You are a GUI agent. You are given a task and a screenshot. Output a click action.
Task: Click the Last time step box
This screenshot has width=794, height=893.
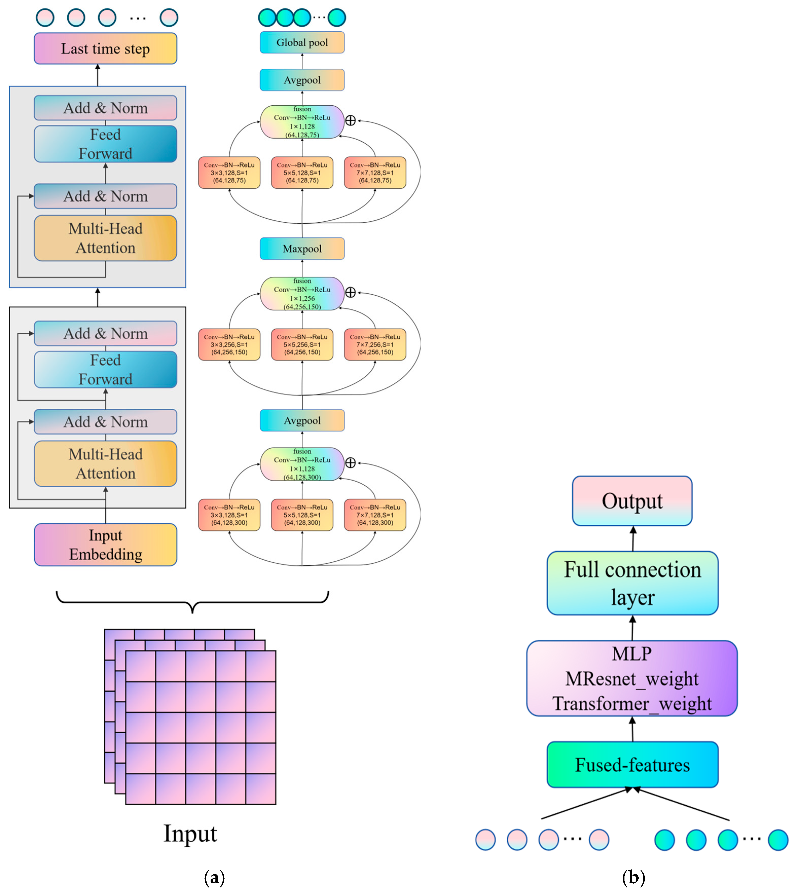[105, 48]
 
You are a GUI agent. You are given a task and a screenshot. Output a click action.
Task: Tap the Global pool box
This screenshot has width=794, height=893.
[302, 42]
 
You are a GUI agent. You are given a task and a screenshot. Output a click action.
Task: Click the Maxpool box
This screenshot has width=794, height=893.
[302, 249]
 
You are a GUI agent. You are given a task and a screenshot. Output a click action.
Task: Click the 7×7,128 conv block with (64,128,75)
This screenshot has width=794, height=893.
[375, 173]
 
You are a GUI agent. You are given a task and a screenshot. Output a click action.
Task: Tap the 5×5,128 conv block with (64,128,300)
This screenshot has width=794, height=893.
[302, 515]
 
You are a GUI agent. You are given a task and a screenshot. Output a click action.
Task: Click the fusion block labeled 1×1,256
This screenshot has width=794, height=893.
[302, 294]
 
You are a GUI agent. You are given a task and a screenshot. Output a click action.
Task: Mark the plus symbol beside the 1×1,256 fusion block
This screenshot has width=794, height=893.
[350, 292]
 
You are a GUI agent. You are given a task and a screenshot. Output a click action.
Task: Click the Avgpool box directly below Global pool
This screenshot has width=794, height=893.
[302, 80]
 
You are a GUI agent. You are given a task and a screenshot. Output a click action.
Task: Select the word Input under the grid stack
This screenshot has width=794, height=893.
[190, 833]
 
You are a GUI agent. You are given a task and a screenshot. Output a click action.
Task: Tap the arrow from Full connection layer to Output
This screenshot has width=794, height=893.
[633, 538]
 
